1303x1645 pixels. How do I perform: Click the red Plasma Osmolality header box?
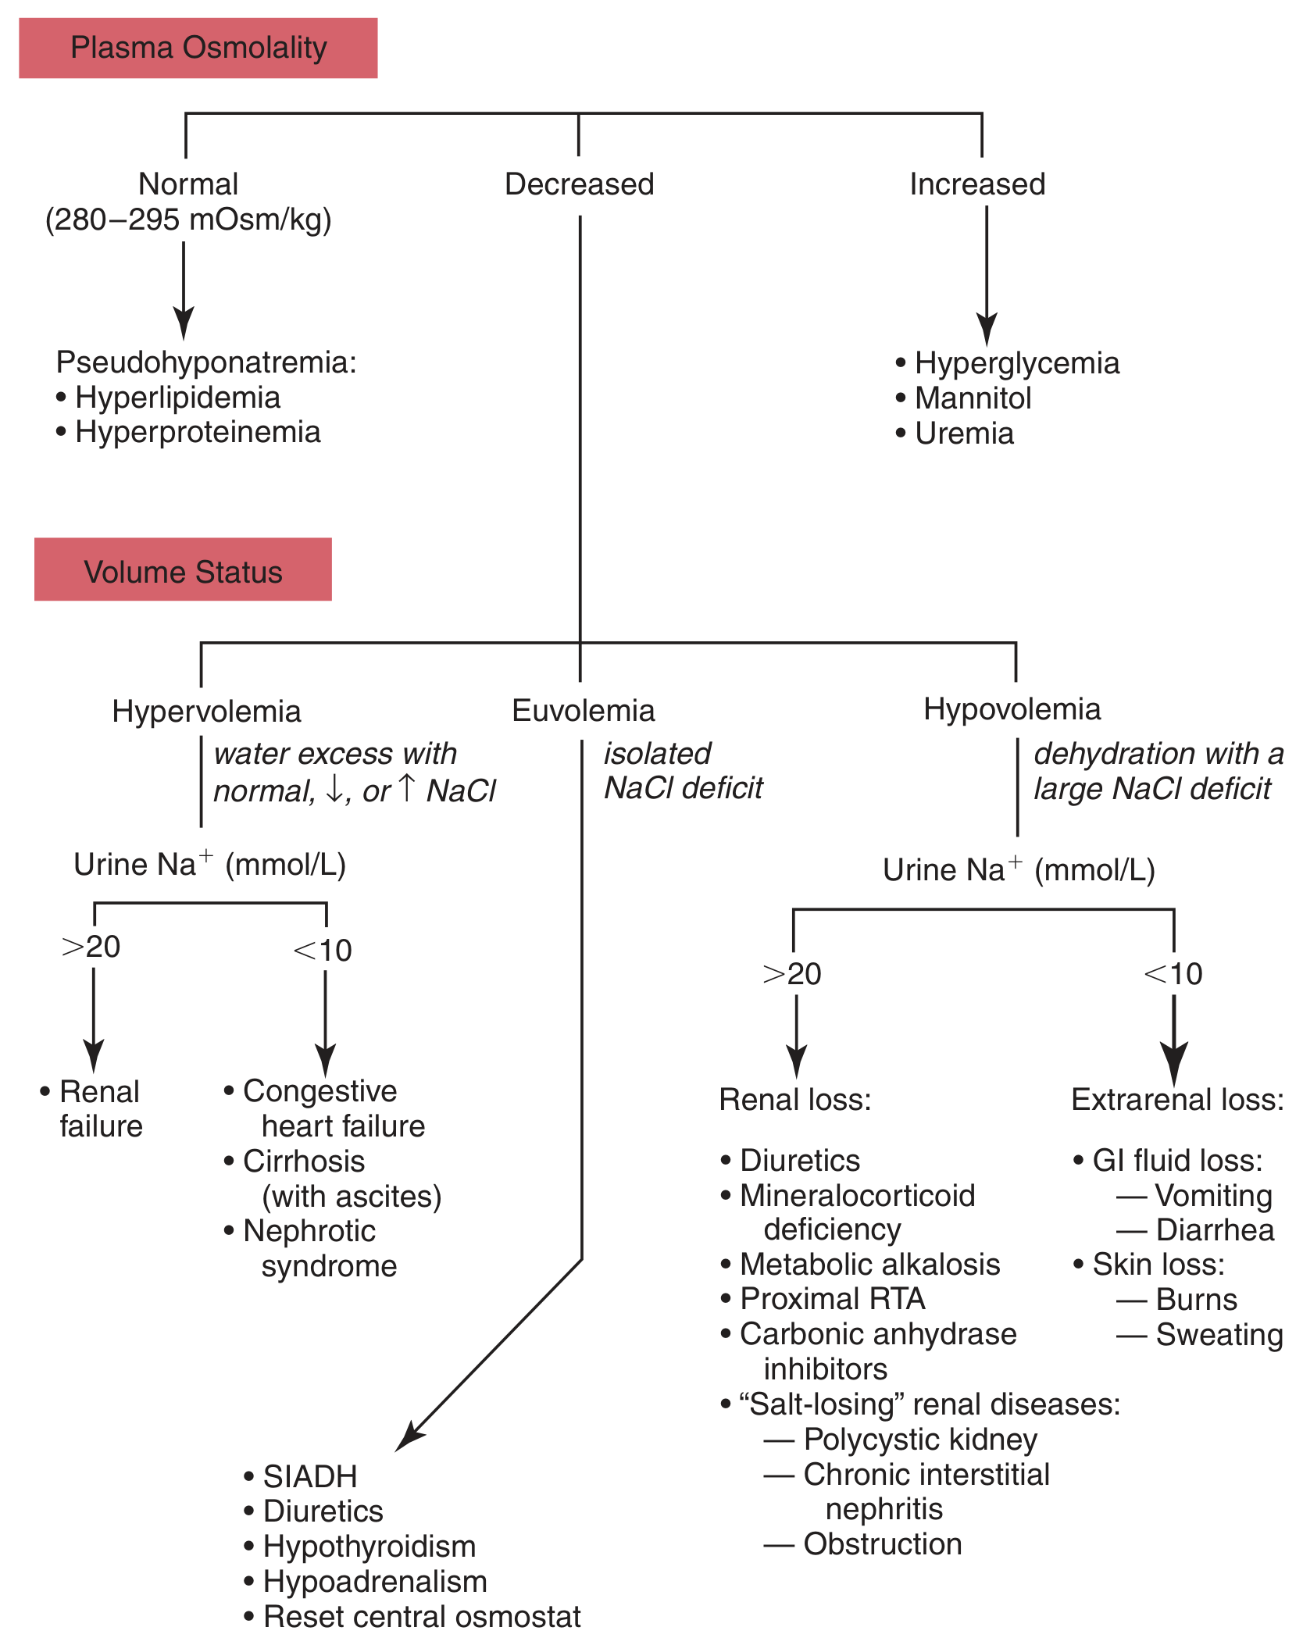point(198,48)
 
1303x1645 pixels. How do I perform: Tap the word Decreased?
point(579,184)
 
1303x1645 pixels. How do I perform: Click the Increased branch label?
point(977,184)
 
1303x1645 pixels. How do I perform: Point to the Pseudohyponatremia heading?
point(206,362)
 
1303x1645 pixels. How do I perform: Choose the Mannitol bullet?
point(973,398)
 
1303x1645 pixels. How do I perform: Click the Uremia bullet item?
point(964,434)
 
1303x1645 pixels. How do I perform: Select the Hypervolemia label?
point(206,712)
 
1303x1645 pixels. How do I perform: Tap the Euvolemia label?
point(583,711)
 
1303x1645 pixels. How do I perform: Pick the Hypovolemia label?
point(1012,709)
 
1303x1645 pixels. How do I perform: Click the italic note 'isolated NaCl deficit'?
point(682,771)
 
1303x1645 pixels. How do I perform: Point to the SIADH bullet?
point(309,1476)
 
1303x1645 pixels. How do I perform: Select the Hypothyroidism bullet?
point(369,1547)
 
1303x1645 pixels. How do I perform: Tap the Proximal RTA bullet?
point(832,1299)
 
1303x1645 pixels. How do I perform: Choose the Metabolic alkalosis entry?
point(869,1264)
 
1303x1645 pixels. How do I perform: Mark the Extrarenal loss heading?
point(1177,1100)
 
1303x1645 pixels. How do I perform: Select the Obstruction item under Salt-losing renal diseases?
point(882,1544)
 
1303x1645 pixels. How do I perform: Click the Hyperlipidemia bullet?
point(177,398)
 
